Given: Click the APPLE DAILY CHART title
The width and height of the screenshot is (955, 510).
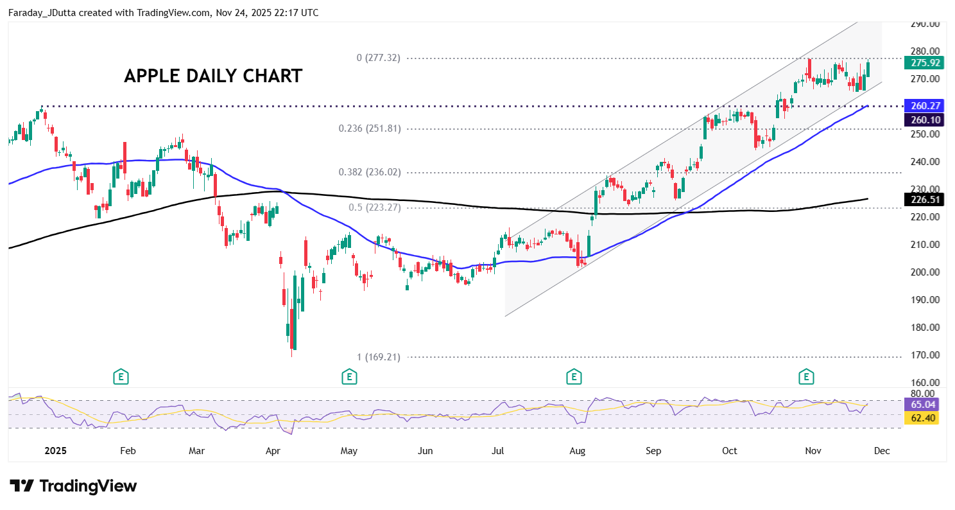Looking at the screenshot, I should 212,76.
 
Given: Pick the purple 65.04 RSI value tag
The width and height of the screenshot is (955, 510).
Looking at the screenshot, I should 921,405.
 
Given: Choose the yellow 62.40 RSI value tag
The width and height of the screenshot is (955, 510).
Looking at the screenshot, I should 921,418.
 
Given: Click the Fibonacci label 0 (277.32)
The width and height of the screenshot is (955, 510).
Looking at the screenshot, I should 378,58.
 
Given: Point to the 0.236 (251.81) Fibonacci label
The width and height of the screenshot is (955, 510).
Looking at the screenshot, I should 370,128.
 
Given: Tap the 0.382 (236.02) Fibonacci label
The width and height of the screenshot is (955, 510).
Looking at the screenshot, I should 370,172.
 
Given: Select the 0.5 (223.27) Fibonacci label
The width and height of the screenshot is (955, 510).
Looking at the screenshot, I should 374,207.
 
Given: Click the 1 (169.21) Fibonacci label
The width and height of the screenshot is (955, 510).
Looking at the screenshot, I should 378,357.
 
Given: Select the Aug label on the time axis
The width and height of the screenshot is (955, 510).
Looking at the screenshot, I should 578,451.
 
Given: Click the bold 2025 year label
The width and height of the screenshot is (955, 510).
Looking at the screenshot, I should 55,451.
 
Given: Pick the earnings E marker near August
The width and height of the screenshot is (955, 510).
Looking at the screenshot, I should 574,377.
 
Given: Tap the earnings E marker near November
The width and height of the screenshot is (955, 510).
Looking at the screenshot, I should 806,377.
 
